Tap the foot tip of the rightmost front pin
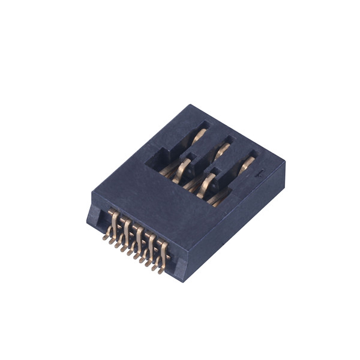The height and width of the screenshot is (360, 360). [x=161, y=271]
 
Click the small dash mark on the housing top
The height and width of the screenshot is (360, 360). [x=260, y=175]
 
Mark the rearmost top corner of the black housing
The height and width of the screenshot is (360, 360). [x=191, y=106]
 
